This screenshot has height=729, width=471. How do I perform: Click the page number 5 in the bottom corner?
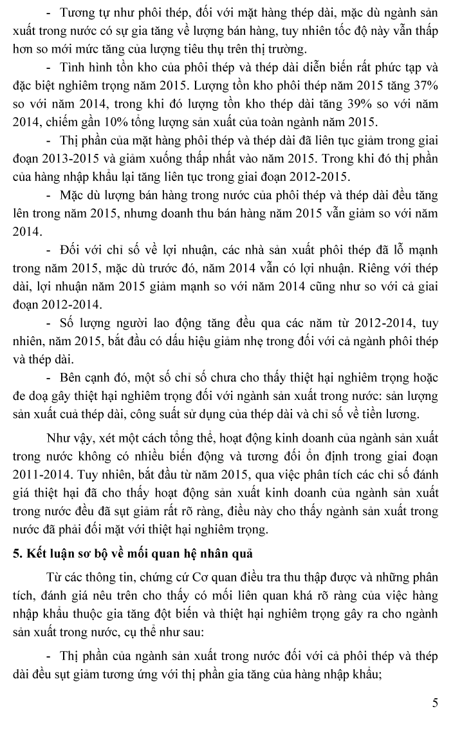[435, 703]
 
